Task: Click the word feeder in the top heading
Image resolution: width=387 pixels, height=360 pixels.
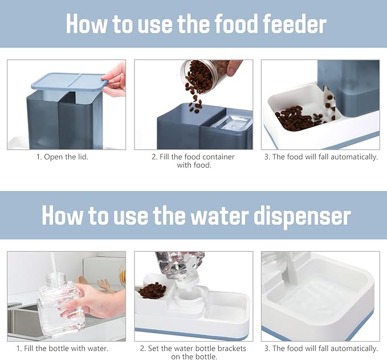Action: (x=295, y=24)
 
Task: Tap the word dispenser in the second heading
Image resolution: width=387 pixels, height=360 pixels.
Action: (x=302, y=216)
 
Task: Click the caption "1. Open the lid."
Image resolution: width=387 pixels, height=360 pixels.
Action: (x=63, y=157)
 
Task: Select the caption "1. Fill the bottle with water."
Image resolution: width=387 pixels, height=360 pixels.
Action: (x=63, y=349)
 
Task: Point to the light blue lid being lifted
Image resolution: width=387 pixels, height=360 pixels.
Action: (x=70, y=81)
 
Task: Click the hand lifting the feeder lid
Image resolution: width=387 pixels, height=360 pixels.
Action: (x=115, y=79)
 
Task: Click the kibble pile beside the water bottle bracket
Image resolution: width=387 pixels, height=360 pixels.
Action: (x=152, y=290)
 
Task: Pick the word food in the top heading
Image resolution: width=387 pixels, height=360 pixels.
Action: (x=235, y=24)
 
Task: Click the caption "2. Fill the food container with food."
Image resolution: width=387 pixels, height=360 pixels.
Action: (x=194, y=161)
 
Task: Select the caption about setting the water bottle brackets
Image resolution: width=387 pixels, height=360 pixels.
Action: (x=193, y=353)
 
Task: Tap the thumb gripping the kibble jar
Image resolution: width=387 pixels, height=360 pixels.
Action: (x=232, y=68)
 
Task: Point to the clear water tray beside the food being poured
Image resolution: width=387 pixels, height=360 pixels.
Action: (x=232, y=123)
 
